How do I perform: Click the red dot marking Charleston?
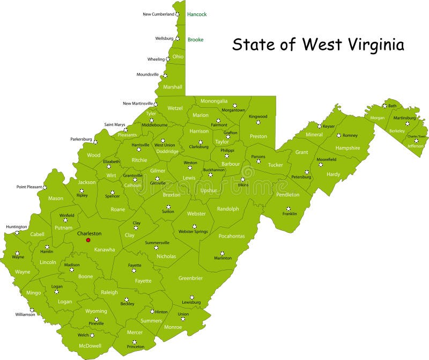tap(88, 240)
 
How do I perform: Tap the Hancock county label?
tap(197, 14)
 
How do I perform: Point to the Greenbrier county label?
tap(190, 278)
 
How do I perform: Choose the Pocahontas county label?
tap(232, 236)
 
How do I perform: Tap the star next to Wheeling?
tap(168, 59)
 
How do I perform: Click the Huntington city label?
tap(16, 227)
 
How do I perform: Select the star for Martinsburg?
tap(407, 123)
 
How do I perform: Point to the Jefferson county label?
tap(415, 146)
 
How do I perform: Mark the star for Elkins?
tap(242, 180)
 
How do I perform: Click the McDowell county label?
tap(90, 346)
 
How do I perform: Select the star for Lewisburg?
tap(191, 297)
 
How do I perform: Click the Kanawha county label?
tap(105, 249)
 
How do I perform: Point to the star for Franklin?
tap(288, 209)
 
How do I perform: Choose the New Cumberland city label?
tap(158, 14)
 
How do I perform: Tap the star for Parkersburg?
tap(96, 142)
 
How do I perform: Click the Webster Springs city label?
tap(193, 232)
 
